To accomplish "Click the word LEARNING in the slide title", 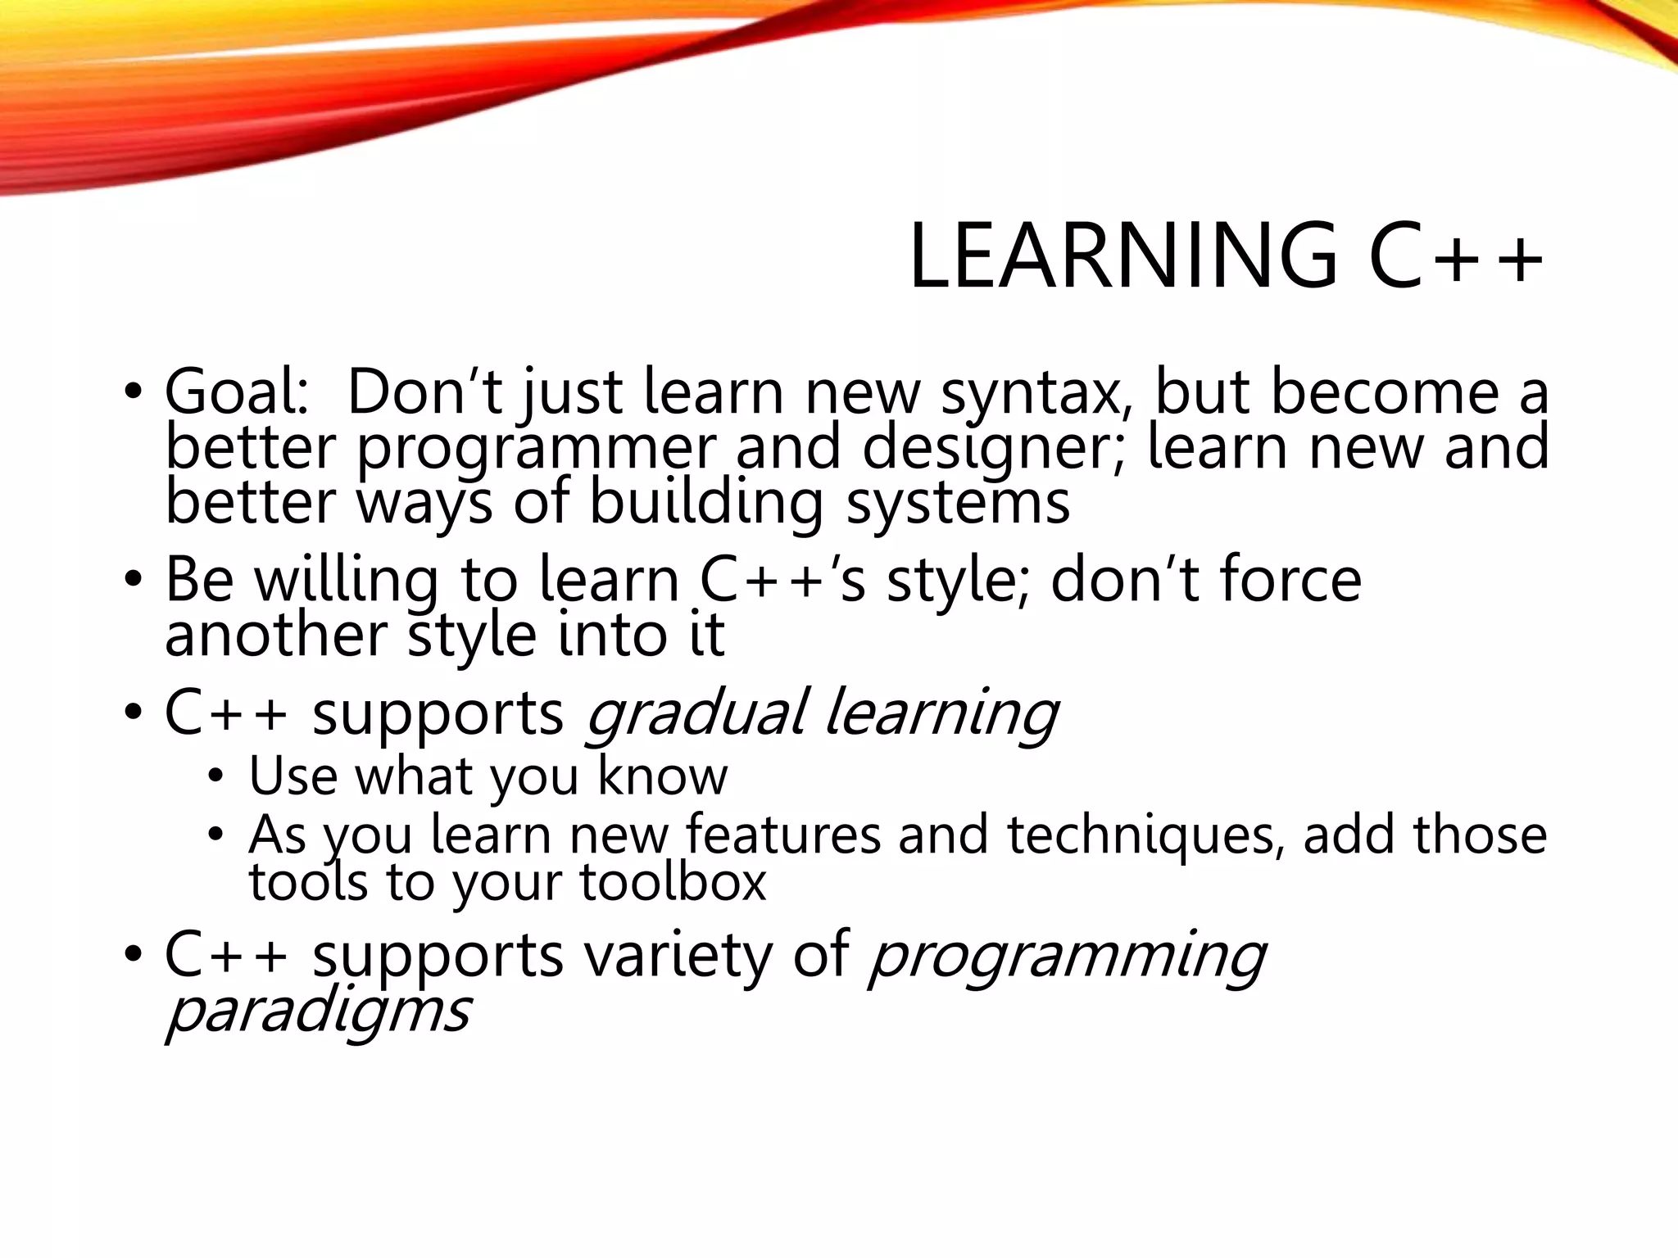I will click(1123, 257).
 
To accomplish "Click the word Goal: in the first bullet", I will click(238, 393).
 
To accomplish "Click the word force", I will click(1290, 580).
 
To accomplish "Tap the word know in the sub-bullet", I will click(662, 776).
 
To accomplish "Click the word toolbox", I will click(672, 883).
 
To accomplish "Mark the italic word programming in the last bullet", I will click(1066, 957).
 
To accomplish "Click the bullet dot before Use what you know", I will click(215, 776).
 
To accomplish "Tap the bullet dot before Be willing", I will click(133, 580).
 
